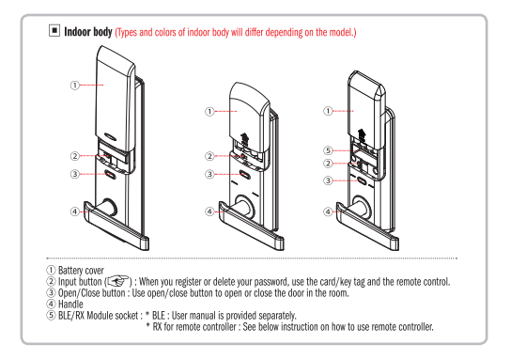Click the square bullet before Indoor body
click(54, 31)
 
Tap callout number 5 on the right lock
click(328, 150)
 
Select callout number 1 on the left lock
click(75, 86)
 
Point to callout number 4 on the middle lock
click(209, 211)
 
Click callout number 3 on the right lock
click(328, 180)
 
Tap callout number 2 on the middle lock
click(209, 156)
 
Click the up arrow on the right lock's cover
click(362, 134)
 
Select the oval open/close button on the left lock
click(111, 174)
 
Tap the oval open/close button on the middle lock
click(245, 175)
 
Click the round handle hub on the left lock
click(108, 207)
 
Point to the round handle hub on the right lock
click(361, 205)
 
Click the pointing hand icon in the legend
click(117, 281)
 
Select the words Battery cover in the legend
click(81, 271)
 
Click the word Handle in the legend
click(70, 305)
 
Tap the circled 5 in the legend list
click(51, 316)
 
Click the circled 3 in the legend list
click(51, 292)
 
